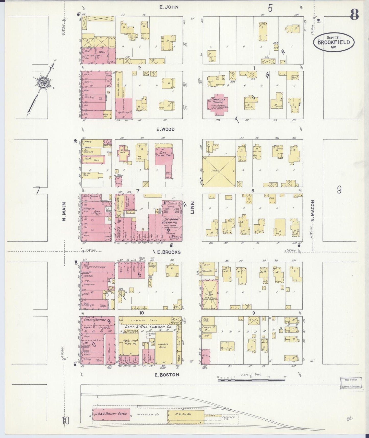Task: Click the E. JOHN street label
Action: (x=169, y=7)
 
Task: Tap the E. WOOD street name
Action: (x=165, y=129)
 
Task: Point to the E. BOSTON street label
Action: (x=167, y=375)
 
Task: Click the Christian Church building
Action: (x=217, y=104)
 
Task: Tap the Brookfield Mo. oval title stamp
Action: (x=334, y=42)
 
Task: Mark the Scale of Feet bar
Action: (x=252, y=380)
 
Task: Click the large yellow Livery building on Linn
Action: (x=219, y=172)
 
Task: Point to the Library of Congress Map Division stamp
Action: (x=351, y=383)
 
